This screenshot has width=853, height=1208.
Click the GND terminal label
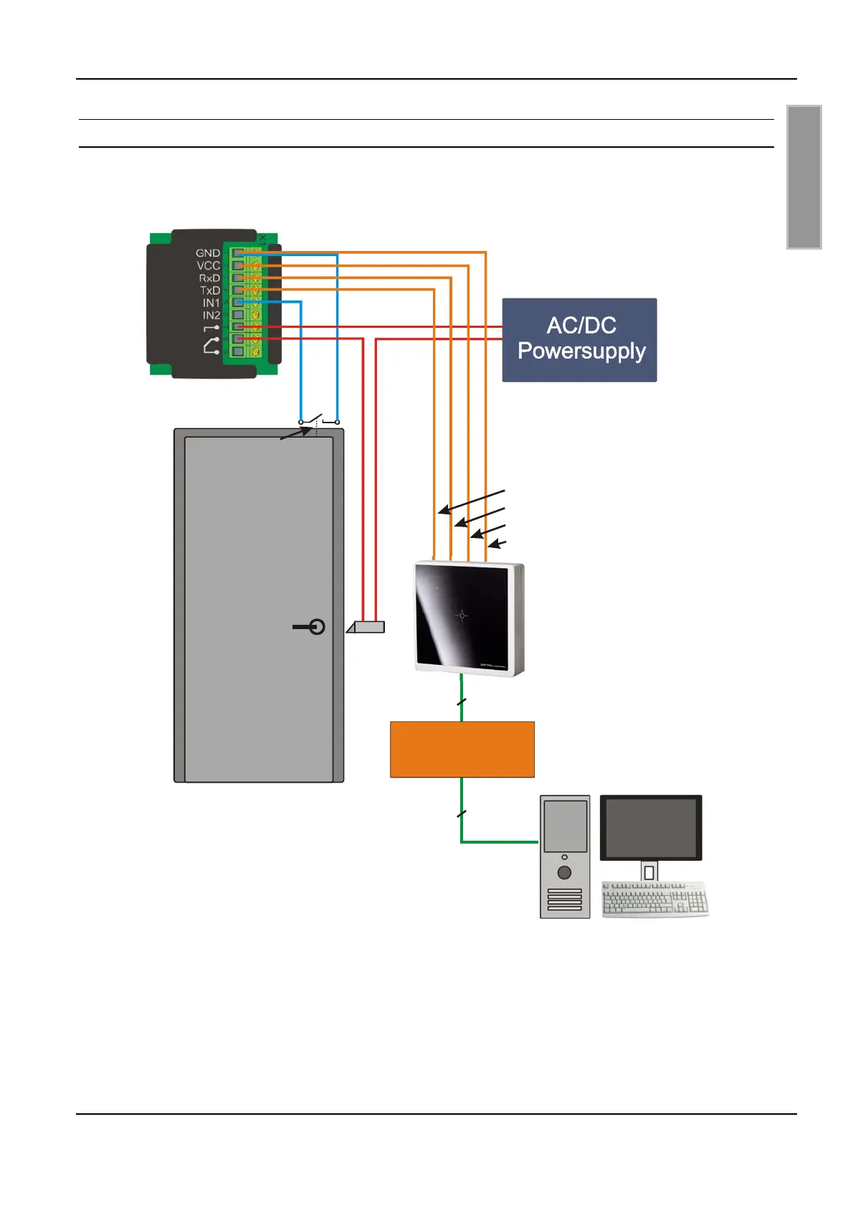(208, 253)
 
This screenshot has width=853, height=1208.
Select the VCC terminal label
(209, 265)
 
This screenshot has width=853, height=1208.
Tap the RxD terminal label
(209, 278)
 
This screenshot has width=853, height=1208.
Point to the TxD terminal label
(210, 291)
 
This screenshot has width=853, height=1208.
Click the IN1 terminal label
(211, 303)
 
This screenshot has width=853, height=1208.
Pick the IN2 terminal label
(211, 315)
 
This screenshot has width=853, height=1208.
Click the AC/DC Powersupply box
(579, 339)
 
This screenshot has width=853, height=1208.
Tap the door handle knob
(317, 627)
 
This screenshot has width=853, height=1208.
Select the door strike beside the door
(366, 627)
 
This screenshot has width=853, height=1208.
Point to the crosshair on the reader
(462, 615)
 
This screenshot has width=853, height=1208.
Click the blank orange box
(462, 749)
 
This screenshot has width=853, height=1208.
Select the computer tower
(565, 857)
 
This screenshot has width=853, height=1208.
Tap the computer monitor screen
(650, 826)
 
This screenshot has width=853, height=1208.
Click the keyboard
(654, 900)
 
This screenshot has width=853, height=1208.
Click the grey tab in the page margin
(804, 176)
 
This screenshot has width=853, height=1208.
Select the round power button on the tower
(564, 872)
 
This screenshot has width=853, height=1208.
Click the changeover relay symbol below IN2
(211, 346)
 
